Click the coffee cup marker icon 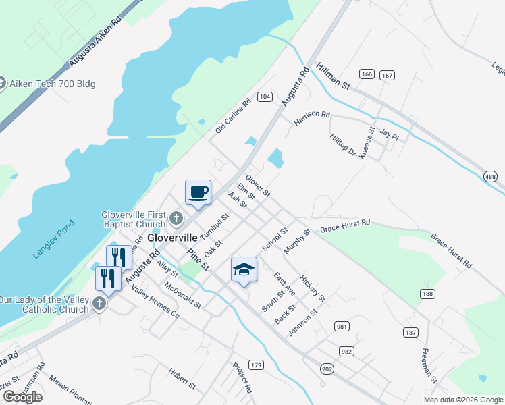click(198, 192)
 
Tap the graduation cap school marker click(244, 270)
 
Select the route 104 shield click(265, 97)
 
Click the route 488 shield click(491, 175)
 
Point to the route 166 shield click(367, 74)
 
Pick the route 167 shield click(387, 74)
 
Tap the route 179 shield click(255, 364)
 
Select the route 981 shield click(342, 327)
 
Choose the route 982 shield click(347, 351)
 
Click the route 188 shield click(427, 293)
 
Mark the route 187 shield click(411, 332)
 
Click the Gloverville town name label click(173, 238)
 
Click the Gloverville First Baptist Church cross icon click(176, 218)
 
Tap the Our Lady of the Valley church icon click(99, 303)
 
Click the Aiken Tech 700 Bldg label click(51, 84)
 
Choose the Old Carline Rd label click(233, 115)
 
